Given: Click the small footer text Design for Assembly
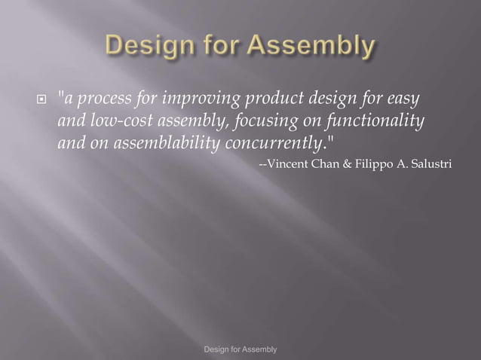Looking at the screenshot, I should pos(240,349).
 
